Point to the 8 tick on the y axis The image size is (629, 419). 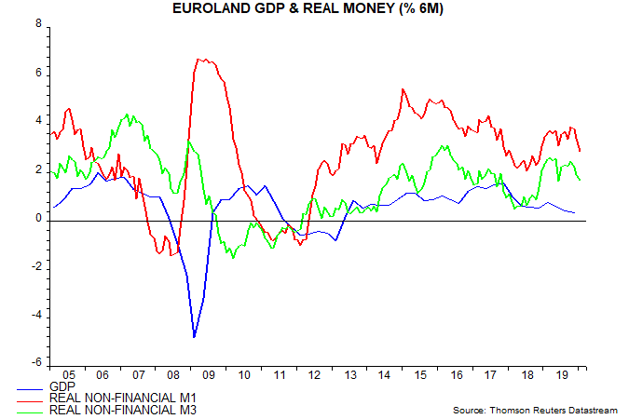click(x=38, y=24)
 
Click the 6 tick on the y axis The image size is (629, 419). click(x=38, y=73)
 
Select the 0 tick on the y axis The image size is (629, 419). click(x=38, y=218)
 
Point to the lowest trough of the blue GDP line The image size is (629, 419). click(x=194, y=337)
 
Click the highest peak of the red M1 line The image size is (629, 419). click(x=198, y=60)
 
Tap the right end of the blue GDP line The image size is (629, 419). click(x=574, y=213)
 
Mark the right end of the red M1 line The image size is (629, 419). click(x=581, y=151)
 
